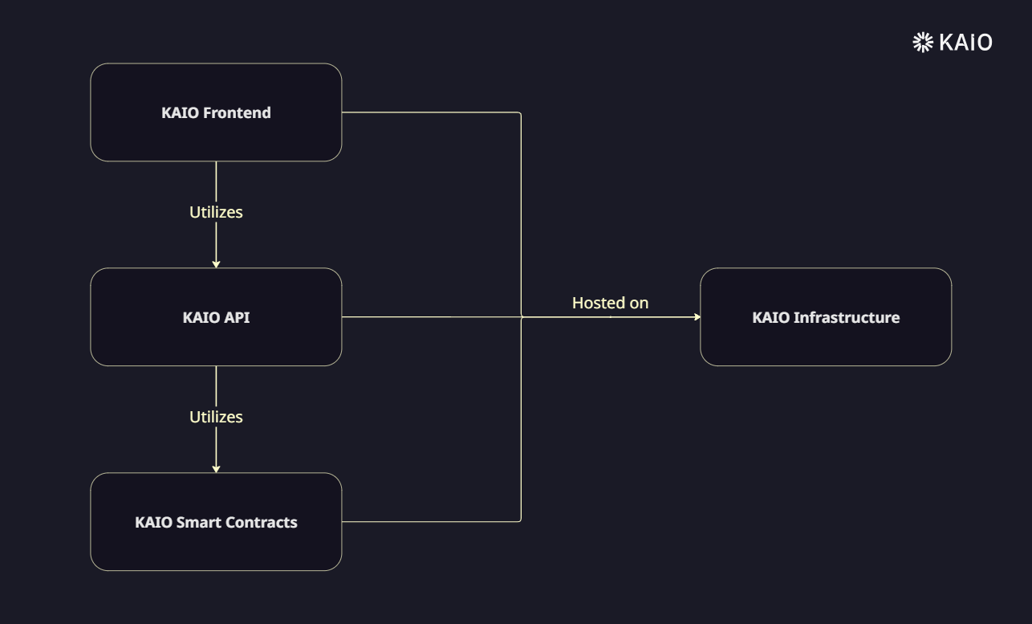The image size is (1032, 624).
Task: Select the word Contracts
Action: coord(262,522)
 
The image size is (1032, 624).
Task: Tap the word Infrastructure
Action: coord(847,317)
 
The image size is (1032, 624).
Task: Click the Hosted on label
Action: coord(610,303)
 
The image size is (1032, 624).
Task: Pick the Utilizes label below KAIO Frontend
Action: coord(216,212)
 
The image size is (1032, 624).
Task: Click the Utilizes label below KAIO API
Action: coord(216,417)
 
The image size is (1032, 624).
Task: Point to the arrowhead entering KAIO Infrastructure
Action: coord(697,317)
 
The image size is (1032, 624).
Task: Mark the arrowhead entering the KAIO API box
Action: coord(216,263)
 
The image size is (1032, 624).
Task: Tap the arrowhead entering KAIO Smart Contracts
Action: coord(216,468)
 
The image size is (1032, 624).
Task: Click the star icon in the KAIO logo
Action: coord(923,42)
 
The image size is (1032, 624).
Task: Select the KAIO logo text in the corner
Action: coord(965,42)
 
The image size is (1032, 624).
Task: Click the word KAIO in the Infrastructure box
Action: coord(770,317)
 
